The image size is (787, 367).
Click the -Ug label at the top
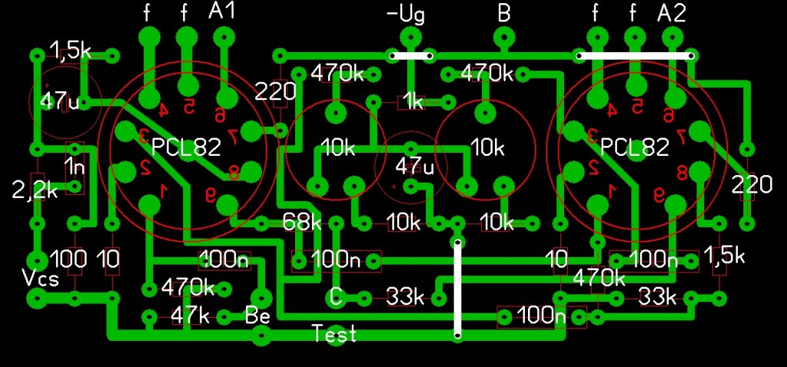tap(406, 15)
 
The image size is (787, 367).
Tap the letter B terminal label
tap(504, 13)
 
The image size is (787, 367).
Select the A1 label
tap(223, 12)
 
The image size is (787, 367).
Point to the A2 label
tap(672, 12)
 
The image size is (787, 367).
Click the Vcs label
tap(41, 279)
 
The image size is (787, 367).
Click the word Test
tap(334, 334)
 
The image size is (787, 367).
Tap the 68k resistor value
tap(302, 223)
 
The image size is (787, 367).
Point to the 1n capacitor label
tap(75, 166)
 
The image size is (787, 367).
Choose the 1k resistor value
tap(413, 102)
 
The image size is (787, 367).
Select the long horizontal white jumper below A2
tap(635, 55)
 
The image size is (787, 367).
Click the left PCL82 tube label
tap(186, 147)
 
